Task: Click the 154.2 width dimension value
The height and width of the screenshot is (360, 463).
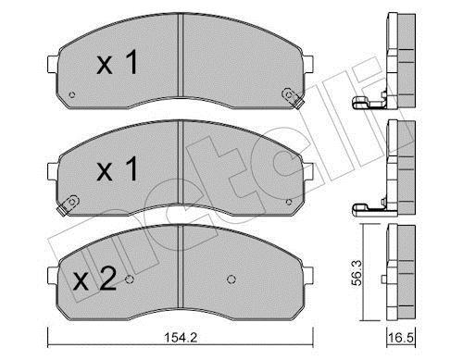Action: (x=181, y=338)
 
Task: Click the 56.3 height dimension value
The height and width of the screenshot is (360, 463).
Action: (x=357, y=273)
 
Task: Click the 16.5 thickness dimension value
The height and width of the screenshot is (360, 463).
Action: (x=400, y=338)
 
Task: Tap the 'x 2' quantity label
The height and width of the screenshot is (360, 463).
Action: (x=94, y=279)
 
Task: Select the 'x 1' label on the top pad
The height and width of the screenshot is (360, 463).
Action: (x=117, y=63)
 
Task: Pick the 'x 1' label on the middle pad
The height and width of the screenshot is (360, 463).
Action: (x=117, y=168)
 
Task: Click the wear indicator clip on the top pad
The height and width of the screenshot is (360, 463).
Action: (x=292, y=98)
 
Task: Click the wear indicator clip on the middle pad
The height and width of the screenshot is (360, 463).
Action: (x=69, y=205)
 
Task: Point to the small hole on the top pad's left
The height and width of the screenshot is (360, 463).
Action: (x=72, y=94)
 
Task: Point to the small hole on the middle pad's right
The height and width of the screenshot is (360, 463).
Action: (x=289, y=203)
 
